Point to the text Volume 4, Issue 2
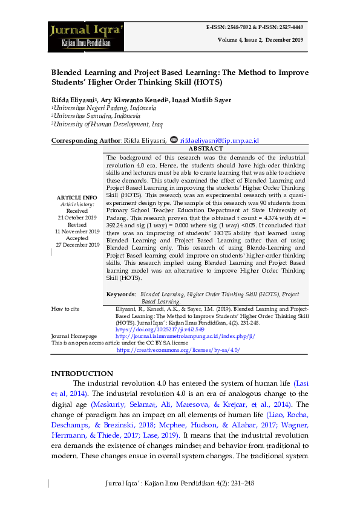[242, 39]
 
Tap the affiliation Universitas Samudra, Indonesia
[96, 116]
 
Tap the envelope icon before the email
[175, 140]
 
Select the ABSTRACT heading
[206, 148]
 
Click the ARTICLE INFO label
[77, 198]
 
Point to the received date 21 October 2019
[77, 217]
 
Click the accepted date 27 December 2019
[77, 245]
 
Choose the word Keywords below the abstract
[120, 294]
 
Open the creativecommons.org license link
[178, 349]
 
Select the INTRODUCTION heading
[82, 374]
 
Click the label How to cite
[65, 309]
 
